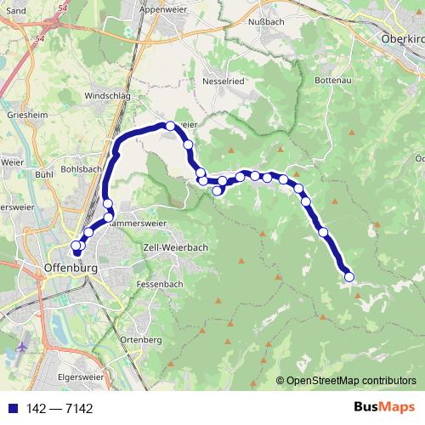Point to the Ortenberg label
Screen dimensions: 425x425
(141, 339)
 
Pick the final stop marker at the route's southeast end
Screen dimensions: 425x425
(348, 276)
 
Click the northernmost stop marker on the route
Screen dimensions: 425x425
(170, 126)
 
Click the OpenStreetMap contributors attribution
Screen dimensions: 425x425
(351, 380)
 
